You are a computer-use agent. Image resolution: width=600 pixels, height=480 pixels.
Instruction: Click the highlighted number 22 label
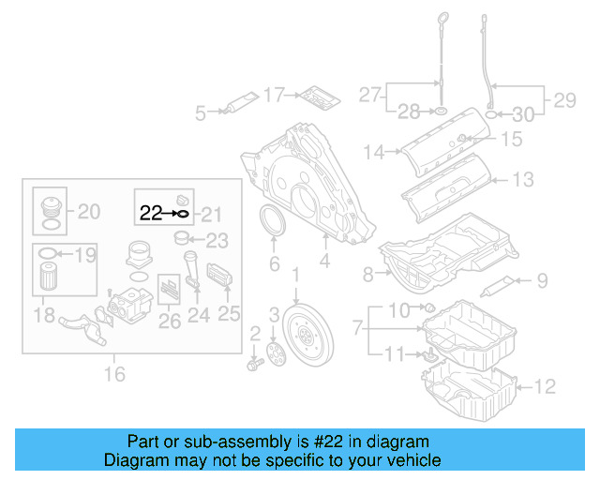[150, 214]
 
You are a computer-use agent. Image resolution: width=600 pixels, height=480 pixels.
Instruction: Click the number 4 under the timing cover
[324, 263]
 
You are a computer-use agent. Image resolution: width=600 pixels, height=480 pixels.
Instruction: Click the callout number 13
[522, 179]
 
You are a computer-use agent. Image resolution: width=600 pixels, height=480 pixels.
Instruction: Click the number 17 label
[273, 95]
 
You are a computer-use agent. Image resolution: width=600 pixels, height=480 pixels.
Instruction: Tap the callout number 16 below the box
[114, 375]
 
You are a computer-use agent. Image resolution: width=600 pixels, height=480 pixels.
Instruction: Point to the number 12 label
[546, 384]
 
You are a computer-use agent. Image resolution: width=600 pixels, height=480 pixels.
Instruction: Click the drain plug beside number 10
[427, 308]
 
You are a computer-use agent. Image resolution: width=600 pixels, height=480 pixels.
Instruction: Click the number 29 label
[564, 98]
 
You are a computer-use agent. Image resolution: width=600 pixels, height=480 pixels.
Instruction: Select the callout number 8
[367, 275]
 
